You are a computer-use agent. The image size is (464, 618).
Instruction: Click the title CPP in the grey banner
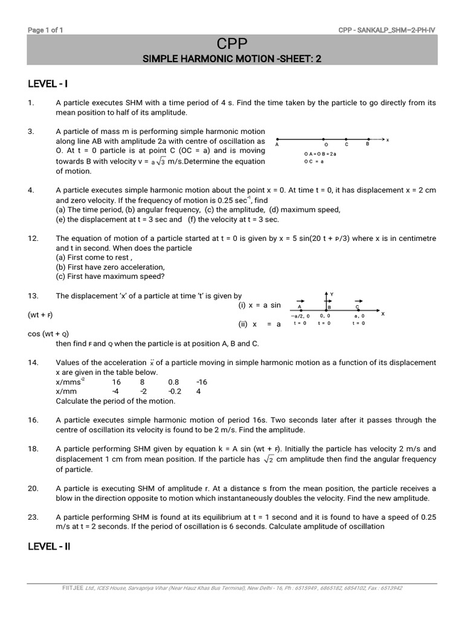pos(232,43)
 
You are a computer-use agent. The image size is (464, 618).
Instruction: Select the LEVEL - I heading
pos(51,83)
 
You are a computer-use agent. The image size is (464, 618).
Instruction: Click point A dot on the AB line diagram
pos(277,139)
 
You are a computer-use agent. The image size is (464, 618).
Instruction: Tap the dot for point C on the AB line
pos(347,139)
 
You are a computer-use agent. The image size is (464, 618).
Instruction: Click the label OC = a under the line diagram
pos(314,161)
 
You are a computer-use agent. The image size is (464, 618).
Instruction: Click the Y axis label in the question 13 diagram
pos(332,294)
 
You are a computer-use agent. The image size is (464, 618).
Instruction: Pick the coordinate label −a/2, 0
pos(300,316)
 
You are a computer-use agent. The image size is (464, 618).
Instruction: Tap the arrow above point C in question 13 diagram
pos(358,300)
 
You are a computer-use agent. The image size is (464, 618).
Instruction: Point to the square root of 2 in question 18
pos(269,459)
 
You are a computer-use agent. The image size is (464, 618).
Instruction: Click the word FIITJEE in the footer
pos(73,588)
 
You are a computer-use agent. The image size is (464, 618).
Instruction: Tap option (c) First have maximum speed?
pos(109,277)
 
